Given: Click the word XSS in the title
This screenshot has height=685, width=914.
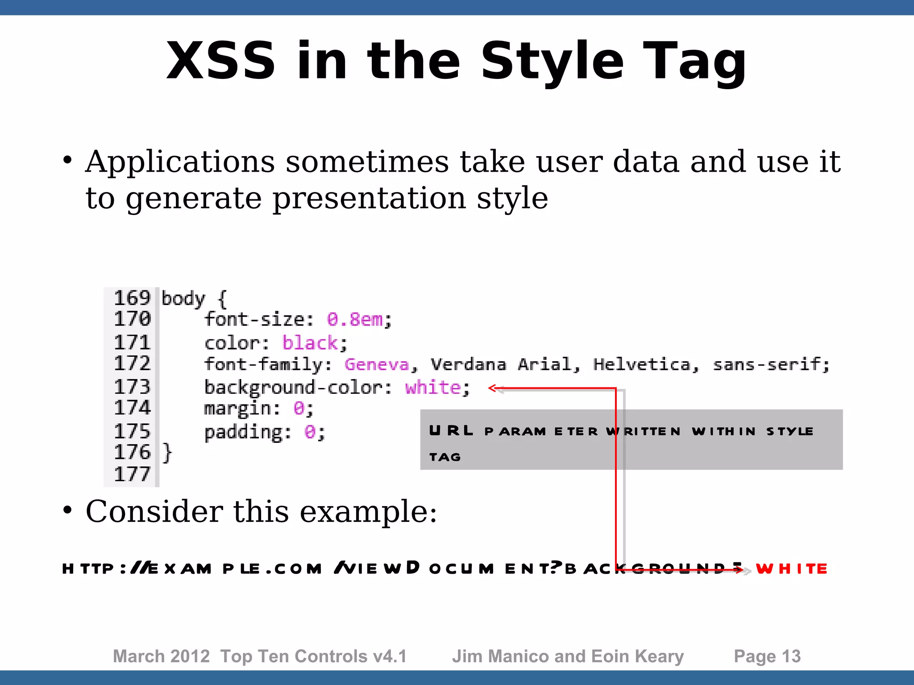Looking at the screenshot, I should [x=220, y=61].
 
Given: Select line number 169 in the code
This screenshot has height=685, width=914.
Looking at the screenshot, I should [x=132, y=298].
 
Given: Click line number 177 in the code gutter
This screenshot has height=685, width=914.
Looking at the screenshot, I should [x=132, y=474].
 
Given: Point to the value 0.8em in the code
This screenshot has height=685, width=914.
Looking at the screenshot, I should [x=355, y=319].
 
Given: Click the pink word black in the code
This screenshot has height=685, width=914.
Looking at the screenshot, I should [x=310, y=343].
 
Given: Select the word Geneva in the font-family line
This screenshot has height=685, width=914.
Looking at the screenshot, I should [x=377, y=364].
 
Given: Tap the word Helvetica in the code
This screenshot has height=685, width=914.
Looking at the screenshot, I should [x=642, y=364].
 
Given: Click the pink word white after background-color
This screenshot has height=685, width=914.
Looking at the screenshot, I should [x=432, y=387].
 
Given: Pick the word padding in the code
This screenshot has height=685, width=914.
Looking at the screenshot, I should [x=243, y=432].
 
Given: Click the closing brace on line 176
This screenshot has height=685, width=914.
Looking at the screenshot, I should [x=167, y=452].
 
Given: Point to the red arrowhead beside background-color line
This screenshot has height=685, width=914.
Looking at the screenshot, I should [x=493, y=388].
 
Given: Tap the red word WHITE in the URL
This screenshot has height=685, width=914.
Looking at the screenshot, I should [x=791, y=569].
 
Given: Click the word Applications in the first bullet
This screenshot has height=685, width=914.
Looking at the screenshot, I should [x=180, y=161].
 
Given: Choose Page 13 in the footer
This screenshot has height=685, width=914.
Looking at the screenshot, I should [x=767, y=656].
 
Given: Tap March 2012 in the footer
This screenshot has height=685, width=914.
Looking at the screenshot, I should [x=161, y=656].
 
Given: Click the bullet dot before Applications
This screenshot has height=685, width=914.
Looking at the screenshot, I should [x=67, y=160].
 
